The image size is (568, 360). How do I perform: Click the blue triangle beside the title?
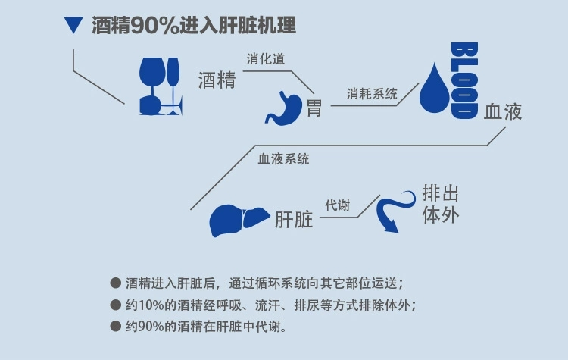pos(73,27)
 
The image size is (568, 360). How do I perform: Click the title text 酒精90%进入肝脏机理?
pos(193,27)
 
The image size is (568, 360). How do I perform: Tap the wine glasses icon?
pos(160,86)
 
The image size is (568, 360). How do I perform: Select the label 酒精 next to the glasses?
pos(217,82)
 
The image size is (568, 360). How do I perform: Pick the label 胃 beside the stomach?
pos(314,108)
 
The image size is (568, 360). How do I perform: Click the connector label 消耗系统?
pos(372,94)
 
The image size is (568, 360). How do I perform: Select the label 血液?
pos(503,112)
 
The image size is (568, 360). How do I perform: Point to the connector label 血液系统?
pos(283,159)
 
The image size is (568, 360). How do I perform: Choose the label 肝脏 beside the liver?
pos(294,221)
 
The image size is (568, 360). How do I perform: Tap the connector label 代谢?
pos(337,205)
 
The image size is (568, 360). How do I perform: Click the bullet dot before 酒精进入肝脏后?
pos(115,283)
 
